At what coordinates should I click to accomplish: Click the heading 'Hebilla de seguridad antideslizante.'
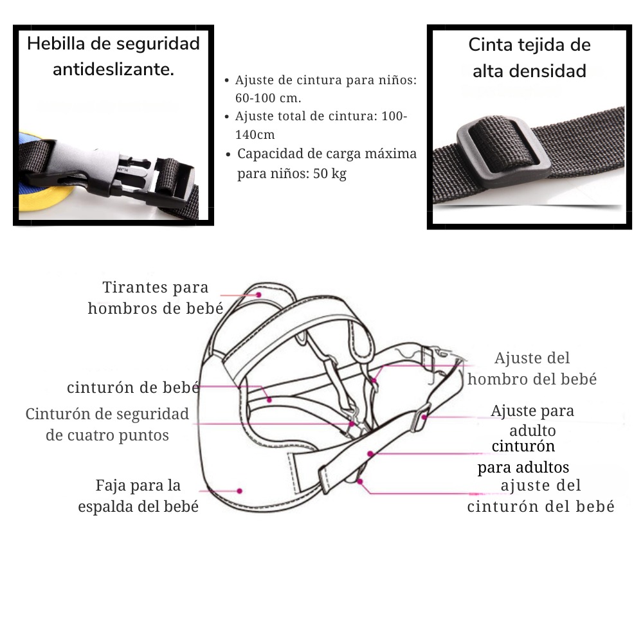(113, 57)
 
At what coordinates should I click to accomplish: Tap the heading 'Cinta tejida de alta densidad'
(529, 58)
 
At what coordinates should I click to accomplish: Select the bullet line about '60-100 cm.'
(326, 89)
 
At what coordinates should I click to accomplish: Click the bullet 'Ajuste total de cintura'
(321, 125)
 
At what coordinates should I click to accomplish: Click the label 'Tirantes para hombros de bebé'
(156, 298)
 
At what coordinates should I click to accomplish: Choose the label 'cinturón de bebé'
(133, 388)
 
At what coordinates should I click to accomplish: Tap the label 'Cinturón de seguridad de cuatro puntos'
(107, 424)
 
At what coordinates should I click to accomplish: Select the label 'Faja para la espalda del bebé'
(138, 496)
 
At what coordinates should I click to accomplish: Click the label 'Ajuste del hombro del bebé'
(532, 368)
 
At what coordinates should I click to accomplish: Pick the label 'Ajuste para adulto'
(532, 421)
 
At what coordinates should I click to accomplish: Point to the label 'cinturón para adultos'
(523, 457)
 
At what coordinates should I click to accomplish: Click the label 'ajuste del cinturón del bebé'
(541, 496)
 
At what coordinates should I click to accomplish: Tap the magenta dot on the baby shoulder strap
(258, 295)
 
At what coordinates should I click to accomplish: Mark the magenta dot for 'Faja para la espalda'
(239, 491)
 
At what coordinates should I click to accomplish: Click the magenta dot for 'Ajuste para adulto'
(425, 417)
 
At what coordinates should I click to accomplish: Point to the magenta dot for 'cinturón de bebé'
(269, 400)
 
